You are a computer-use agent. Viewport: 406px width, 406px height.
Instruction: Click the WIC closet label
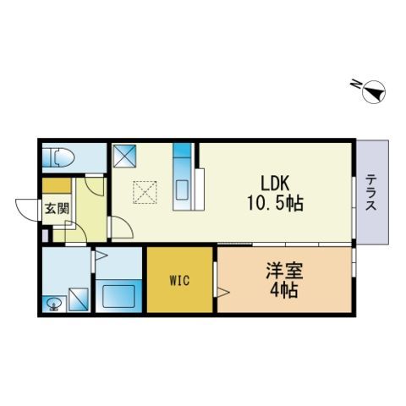[x=179, y=278]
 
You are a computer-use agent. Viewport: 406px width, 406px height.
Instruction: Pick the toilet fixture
[x=61, y=157]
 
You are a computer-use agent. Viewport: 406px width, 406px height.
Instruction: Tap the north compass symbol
[x=371, y=91]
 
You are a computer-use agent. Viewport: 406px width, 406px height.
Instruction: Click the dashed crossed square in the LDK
[x=145, y=194]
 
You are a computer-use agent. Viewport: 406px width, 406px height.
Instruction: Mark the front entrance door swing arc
[x=28, y=210]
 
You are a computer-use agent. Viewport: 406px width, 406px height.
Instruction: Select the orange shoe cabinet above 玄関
[x=57, y=186]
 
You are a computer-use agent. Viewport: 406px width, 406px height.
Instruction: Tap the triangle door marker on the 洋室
[x=222, y=292]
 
